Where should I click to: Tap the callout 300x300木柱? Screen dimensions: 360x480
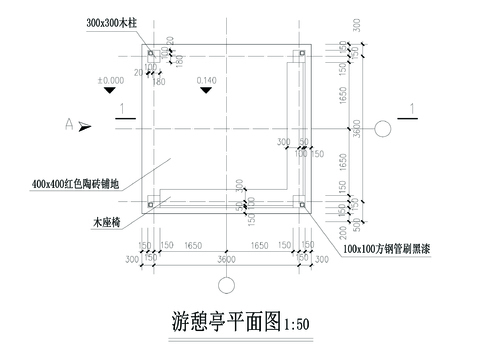108,21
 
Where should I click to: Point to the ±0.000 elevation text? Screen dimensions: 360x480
110,78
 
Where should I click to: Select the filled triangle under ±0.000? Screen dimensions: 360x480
110,90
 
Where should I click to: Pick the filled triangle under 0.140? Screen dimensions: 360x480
206,90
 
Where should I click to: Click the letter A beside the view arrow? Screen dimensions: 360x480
69,124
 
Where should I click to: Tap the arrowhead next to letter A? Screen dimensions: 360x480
86,125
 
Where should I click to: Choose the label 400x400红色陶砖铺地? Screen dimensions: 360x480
76,184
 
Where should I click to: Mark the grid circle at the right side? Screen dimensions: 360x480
383,127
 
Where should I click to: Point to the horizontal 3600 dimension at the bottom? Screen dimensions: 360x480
226,259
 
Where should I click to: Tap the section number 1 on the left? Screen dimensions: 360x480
121,107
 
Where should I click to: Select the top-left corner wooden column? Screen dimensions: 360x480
151,52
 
